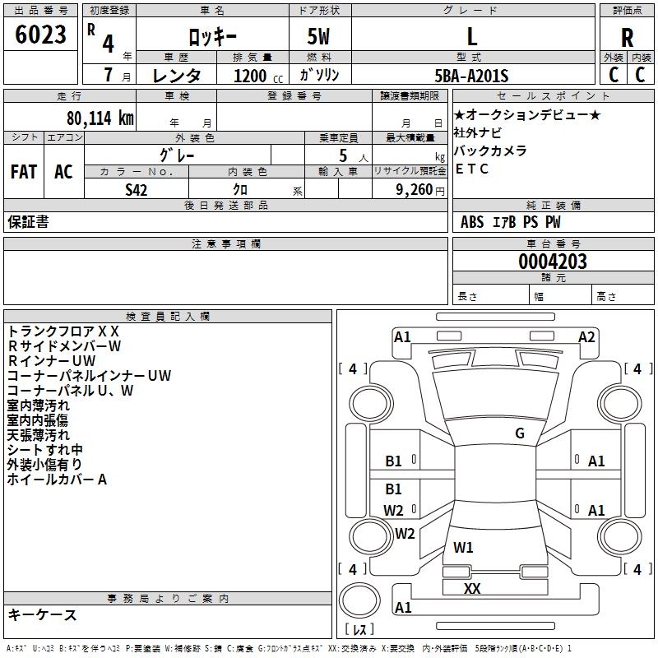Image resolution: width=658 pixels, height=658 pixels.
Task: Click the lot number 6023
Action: [40, 35]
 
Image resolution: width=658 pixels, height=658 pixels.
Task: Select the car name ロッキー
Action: [212, 37]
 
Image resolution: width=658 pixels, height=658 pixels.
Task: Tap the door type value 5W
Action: [318, 36]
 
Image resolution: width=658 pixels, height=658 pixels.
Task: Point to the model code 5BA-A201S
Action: [471, 76]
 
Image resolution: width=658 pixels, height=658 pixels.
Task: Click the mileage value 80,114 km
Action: [100, 118]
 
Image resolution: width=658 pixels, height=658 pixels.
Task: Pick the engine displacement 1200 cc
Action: [258, 76]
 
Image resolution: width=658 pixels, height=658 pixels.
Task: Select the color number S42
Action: [136, 190]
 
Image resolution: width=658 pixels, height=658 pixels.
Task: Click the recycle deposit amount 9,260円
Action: [420, 190]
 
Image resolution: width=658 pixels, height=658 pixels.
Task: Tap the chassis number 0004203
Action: [553, 262]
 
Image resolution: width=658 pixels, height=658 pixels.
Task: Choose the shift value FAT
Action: [24, 172]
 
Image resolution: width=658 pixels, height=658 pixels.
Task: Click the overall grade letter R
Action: [627, 38]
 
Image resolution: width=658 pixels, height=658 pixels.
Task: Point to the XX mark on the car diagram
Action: [472, 588]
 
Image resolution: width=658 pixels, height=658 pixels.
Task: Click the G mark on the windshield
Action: [520, 433]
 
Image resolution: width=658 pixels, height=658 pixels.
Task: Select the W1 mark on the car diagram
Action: [463, 547]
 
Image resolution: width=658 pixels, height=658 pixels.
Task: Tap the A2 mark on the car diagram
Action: [586, 337]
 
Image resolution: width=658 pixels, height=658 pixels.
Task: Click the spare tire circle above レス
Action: [359, 600]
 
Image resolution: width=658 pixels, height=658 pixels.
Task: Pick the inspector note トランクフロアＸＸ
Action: [63, 331]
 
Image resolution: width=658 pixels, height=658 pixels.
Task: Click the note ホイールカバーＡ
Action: [57, 480]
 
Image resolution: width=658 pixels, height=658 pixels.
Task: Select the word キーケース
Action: [43, 614]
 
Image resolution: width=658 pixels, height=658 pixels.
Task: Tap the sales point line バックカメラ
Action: [490, 151]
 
